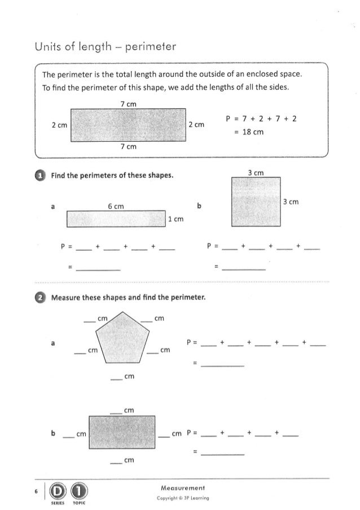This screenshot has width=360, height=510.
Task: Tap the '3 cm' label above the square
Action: coord(256,172)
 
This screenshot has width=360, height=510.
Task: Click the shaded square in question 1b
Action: coord(256,202)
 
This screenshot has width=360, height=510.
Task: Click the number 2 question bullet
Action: coord(40,298)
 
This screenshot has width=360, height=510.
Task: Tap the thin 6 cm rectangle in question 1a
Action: coord(115,219)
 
